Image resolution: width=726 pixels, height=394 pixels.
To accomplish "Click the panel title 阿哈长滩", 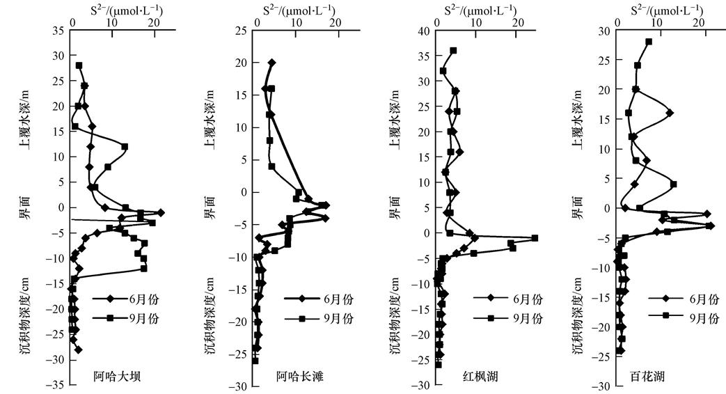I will (x=298, y=378).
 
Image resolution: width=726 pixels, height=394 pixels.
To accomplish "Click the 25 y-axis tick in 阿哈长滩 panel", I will (x=242, y=31).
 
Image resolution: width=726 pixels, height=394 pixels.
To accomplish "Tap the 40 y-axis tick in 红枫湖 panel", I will (x=422, y=31).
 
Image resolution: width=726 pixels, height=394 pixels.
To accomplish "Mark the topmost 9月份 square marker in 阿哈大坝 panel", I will (x=79, y=65).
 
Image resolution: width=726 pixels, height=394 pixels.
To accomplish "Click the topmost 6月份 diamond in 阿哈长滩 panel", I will (x=271, y=63).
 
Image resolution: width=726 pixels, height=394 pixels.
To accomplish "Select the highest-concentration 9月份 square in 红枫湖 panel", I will (x=535, y=238).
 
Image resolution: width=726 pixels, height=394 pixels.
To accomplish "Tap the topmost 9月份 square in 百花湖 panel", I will (x=649, y=42).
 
